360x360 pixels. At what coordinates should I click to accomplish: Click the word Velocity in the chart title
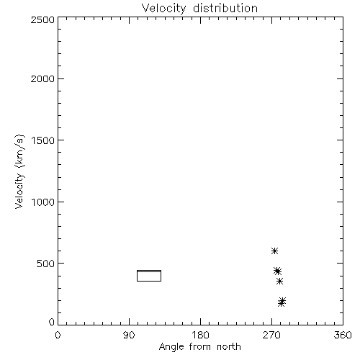tap(164, 8)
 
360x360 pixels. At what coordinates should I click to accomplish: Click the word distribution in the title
tap(225, 8)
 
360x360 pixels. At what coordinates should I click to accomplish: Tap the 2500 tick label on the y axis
tap(42, 20)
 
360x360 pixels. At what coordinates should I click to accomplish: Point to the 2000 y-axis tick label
tap(42, 79)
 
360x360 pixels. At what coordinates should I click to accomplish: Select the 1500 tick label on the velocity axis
tap(43, 140)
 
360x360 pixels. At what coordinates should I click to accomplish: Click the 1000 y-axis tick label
tap(43, 202)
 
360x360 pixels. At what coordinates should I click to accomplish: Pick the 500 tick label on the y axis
tap(46, 264)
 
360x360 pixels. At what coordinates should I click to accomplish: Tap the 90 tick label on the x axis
tap(129, 335)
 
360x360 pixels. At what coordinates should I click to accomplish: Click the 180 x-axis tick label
tap(200, 335)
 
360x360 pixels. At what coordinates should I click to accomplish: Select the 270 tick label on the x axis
tap(271, 335)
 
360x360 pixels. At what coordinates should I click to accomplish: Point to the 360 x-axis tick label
tap(343, 335)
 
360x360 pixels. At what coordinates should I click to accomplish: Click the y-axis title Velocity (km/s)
tap(19, 171)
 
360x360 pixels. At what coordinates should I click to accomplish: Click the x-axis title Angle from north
tap(200, 347)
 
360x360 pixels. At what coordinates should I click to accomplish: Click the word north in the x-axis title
tap(229, 347)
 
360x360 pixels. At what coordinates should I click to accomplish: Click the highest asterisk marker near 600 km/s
tap(274, 251)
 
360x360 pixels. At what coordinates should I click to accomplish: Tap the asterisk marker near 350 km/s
tap(279, 281)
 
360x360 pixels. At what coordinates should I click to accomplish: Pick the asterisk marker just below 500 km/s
tap(277, 271)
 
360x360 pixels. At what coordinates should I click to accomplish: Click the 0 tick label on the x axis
tap(58, 335)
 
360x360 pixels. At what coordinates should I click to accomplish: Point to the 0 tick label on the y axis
tap(52, 322)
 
